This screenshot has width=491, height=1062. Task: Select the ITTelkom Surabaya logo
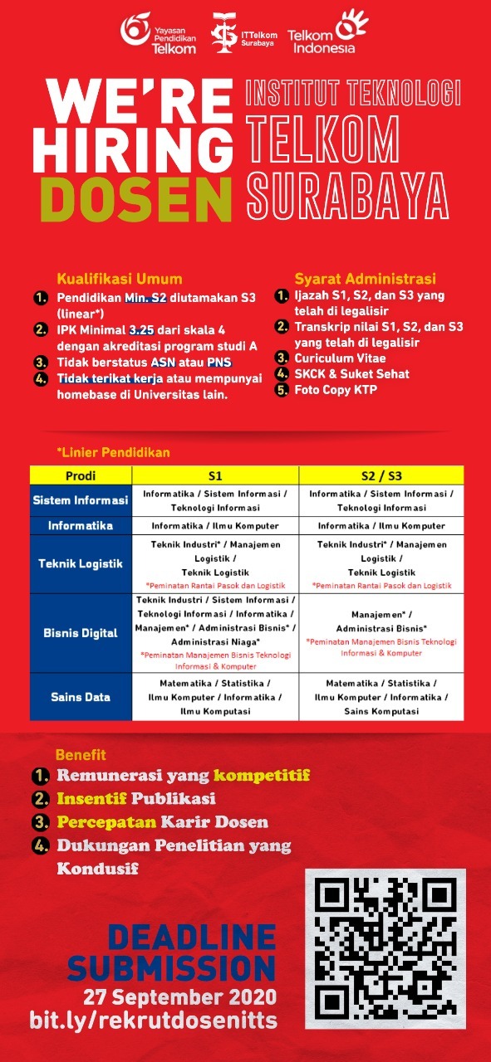coord(241,34)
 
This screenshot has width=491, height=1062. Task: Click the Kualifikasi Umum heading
coord(119,279)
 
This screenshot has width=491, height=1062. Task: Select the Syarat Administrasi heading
coord(366,279)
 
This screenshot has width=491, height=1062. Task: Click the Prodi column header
coord(81,475)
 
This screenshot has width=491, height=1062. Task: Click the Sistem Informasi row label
coord(81,501)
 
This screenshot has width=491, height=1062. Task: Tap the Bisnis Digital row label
coord(81,633)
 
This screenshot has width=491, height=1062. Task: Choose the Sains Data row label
coord(81,697)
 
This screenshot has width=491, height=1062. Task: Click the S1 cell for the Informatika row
coord(215,526)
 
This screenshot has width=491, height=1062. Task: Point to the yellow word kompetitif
coord(261,776)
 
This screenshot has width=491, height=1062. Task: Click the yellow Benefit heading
coord(81,755)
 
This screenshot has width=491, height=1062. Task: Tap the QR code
coord(385,947)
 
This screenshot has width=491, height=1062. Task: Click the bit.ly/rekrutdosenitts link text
coord(153,1021)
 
